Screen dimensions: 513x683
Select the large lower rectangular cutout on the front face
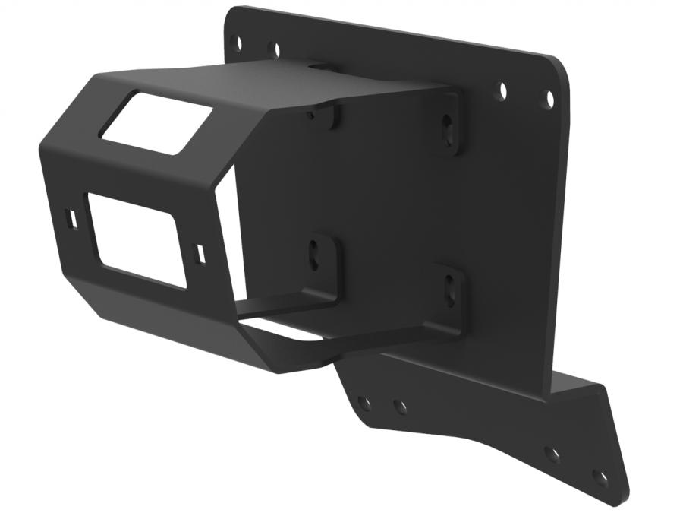point(136,239)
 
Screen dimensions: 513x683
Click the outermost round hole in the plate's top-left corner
point(236,42)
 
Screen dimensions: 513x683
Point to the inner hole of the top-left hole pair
point(274,50)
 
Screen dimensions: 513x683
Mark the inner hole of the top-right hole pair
point(502,90)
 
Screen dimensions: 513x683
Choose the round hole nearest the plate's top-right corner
point(546,99)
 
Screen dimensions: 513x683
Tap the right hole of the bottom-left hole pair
point(400,407)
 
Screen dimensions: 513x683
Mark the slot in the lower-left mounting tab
point(314,254)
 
